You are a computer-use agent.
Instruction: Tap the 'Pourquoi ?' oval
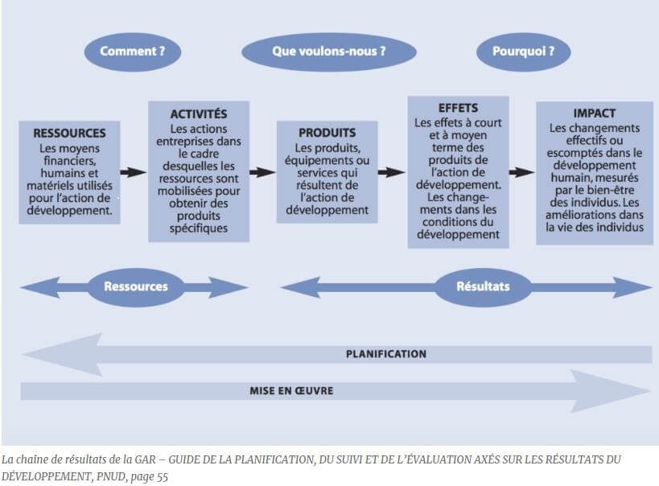523,52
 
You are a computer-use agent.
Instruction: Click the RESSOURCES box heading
69,133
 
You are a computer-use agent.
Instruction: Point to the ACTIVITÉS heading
199,113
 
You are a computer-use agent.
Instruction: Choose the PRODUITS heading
327,133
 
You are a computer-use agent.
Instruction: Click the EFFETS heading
458,108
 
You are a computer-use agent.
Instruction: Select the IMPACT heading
594,113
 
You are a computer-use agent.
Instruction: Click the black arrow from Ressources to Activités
133,171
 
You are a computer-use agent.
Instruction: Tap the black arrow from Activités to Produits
262,171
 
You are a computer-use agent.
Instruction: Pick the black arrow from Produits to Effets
391,171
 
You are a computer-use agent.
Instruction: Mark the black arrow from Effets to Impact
521,171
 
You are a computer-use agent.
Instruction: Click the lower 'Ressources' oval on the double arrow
135,286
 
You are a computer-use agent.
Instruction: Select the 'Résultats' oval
483,286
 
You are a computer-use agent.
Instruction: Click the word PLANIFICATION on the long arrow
386,353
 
